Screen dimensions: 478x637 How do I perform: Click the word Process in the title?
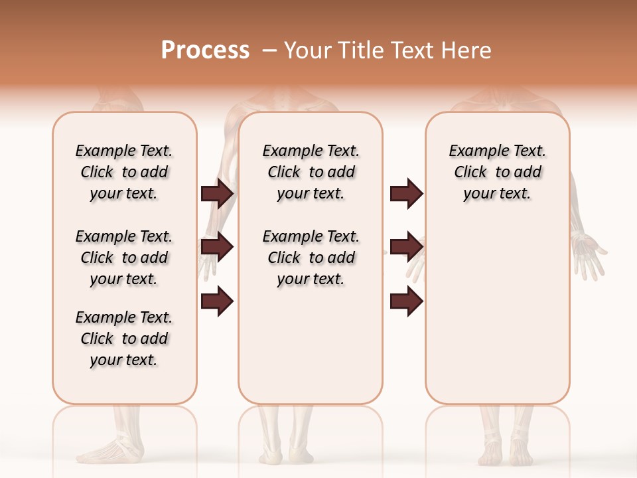(x=205, y=50)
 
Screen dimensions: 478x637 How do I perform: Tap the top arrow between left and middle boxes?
(x=217, y=194)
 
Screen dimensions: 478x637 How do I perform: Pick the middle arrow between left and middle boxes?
(x=217, y=248)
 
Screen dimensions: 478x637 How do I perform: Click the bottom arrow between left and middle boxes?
(x=217, y=301)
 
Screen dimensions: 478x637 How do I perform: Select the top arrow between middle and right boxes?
(x=406, y=194)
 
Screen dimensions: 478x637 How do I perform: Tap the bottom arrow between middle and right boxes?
(x=406, y=301)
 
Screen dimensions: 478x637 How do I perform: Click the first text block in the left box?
(x=124, y=172)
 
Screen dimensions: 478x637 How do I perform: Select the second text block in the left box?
(x=124, y=258)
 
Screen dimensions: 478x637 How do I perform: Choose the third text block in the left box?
(x=124, y=339)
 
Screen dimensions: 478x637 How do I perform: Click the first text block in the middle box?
(x=311, y=172)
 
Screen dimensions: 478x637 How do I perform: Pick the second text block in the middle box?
(x=311, y=258)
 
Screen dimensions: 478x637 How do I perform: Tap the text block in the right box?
(x=498, y=172)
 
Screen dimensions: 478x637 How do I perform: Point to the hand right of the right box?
(x=589, y=252)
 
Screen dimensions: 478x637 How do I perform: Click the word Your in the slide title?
(x=307, y=50)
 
